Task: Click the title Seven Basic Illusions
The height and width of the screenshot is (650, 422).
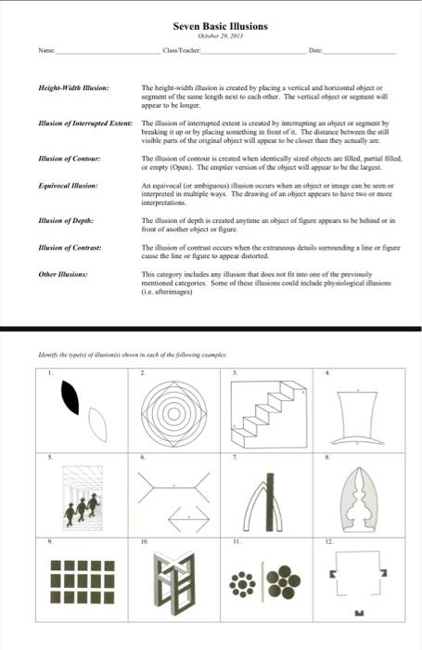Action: point(220,28)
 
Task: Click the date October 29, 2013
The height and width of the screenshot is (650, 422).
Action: point(220,39)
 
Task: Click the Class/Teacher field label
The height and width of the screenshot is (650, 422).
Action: point(179,57)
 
